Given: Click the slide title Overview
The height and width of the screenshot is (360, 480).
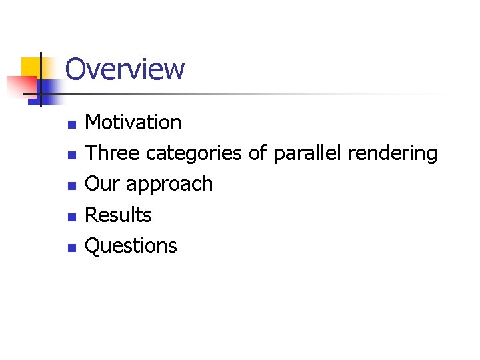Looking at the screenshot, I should tap(125, 69).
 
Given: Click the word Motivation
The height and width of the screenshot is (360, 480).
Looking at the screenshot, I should tap(133, 123).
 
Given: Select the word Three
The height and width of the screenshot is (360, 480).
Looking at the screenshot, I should tap(113, 153).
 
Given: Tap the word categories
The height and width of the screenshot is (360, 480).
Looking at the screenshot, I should tap(193, 154).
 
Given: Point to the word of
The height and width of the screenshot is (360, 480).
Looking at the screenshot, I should tap(257, 153).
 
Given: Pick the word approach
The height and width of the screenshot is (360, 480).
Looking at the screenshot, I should tap(169, 185).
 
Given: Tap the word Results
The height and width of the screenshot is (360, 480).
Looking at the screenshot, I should tap(119, 215).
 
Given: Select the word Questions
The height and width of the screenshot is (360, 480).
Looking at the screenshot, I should tap(131, 246).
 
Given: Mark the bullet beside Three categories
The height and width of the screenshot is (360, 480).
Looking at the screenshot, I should tap(71, 155).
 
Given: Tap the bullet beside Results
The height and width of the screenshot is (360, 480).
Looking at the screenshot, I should tap(71, 217).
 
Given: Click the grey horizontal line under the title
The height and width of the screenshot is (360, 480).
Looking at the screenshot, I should tap(267, 94).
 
